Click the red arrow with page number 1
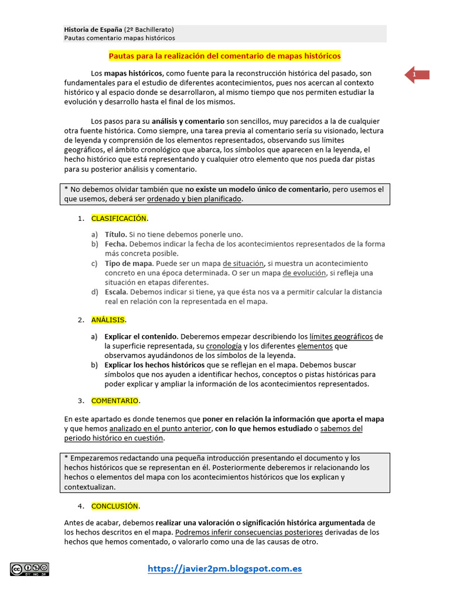coord(417,75)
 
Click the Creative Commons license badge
coord(29,569)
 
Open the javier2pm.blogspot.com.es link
coord(225,569)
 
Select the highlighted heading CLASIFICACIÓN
coord(118,219)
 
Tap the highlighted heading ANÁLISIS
coord(108,320)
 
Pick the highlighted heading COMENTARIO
coord(115,401)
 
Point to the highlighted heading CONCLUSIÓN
coord(115,506)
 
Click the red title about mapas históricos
coord(224,56)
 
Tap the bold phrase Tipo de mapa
coord(129,264)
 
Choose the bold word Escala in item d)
coord(115,292)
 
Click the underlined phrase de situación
coord(244,264)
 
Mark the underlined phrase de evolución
coord(304,273)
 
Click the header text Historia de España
coord(93,29)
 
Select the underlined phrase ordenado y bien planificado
coord(194,199)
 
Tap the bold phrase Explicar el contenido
coord(141,336)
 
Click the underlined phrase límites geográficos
coord(341,336)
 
